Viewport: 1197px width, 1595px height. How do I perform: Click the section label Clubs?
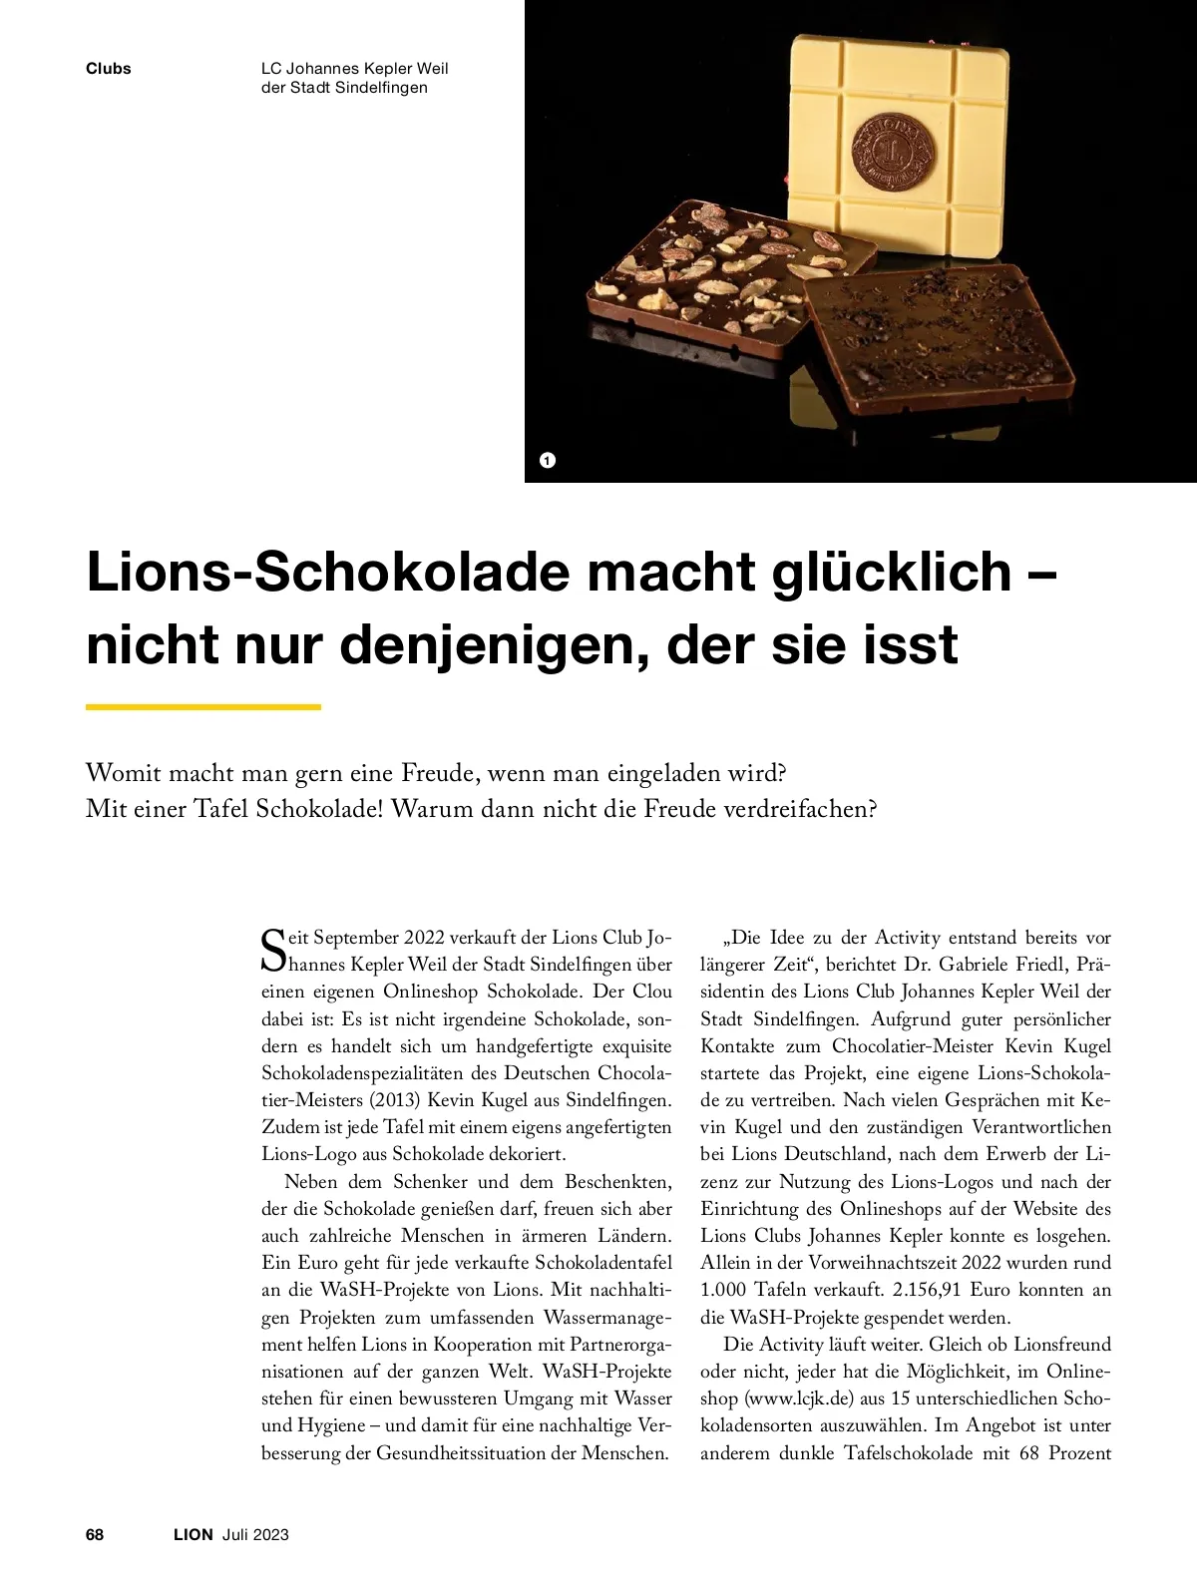pyautogui.click(x=109, y=69)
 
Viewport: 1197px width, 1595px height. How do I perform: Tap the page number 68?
pyautogui.click(x=95, y=1534)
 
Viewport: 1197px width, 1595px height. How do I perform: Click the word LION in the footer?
pyautogui.click(x=194, y=1534)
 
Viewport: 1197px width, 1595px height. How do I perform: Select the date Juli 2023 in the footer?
pyautogui.click(x=255, y=1534)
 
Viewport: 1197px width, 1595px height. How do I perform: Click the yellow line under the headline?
pyautogui.click(x=203, y=707)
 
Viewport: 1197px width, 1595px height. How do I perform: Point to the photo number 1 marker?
pyautogui.click(x=547, y=460)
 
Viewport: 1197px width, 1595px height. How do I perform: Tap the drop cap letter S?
pyautogui.click(x=272, y=950)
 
